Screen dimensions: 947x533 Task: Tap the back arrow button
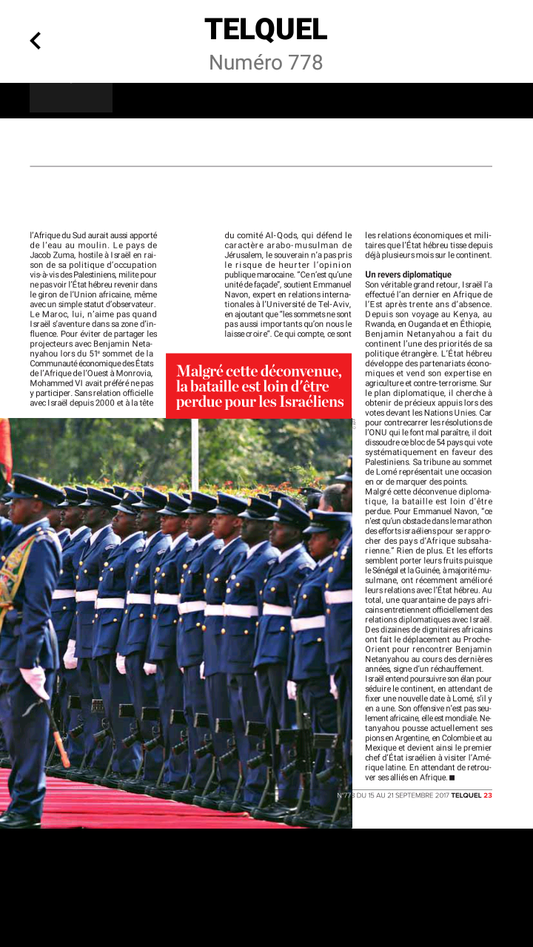tap(35, 41)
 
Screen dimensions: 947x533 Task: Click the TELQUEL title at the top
tap(266, 30)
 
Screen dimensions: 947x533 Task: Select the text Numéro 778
tap(266, 63)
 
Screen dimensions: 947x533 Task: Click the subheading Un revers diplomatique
tap(408, 274)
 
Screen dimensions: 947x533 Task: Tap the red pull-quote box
tap(258, 385)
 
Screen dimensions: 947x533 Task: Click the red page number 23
tap(488, 795)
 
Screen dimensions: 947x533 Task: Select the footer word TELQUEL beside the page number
tap(466, 795)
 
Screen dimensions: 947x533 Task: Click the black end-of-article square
tap(452, 778)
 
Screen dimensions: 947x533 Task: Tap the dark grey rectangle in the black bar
tap(71, 98)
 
